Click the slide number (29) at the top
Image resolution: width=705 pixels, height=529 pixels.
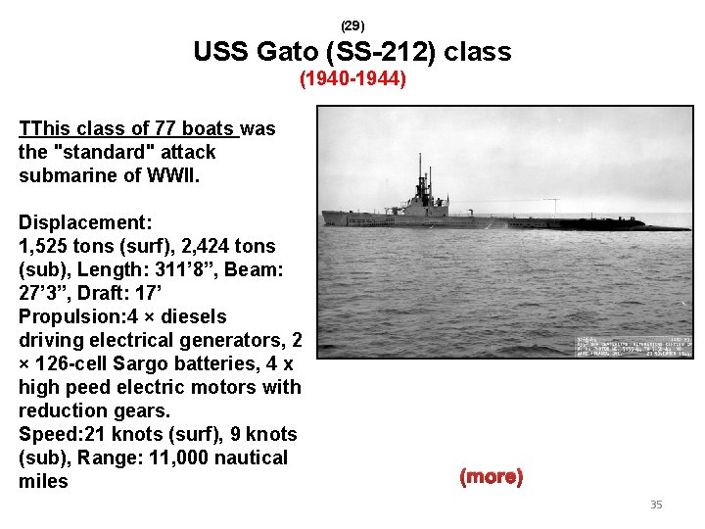352,24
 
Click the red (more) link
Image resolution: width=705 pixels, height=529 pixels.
491,477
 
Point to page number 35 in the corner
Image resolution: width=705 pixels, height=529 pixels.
656,505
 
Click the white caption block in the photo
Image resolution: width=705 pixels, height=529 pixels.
633,344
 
